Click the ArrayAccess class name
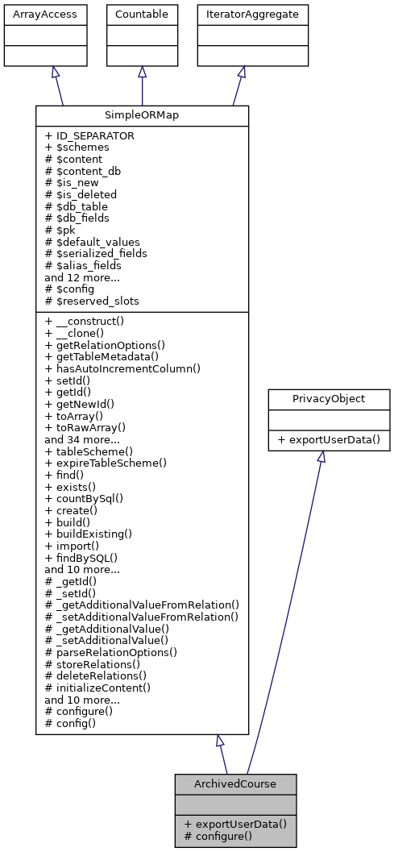(x=34, y=14)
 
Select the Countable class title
(x=142, y=14)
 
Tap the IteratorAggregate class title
(x=253, y=14)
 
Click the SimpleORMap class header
(x=142, y=115)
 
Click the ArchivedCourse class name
(x=235, y=783)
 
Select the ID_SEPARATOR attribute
(x=89, y=136)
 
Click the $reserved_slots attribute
(x=92, y=301)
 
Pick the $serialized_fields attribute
(x=96, y=253)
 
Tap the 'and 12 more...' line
(x=82, y=276)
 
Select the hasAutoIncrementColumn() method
(x=122, y=368)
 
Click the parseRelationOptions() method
(x=111, y=652)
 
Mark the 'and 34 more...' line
(x=82, y=440)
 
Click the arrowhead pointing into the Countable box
(x=142, y=72)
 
